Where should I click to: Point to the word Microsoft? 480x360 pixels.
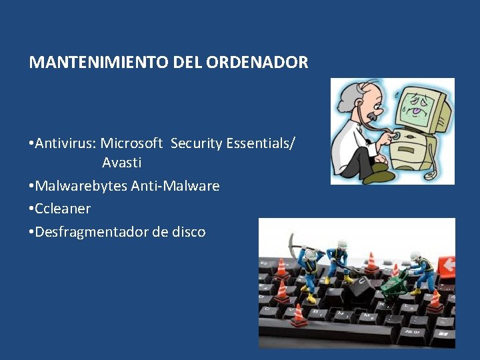pos(132,143)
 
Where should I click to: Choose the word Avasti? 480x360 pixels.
pos(121,163)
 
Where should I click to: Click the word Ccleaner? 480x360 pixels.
pos(63,209)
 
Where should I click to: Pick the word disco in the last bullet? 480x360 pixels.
pos(189,232)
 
